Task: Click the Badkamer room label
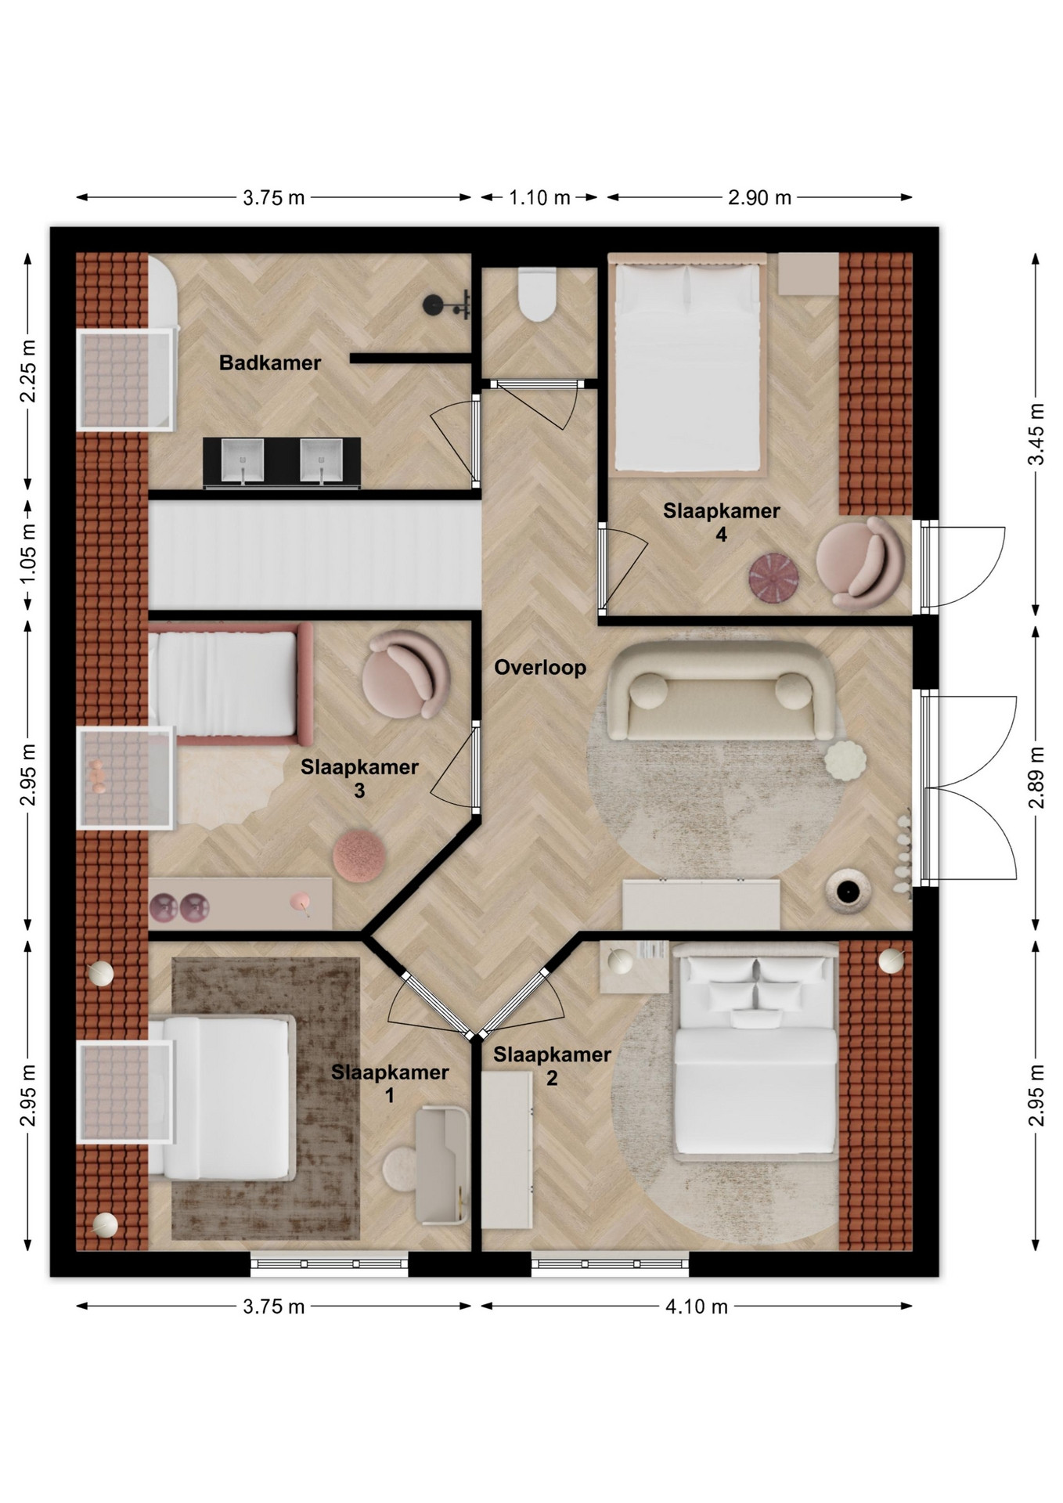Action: [269, 362]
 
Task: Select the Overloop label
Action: [540, 668]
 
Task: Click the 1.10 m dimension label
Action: [539, 197]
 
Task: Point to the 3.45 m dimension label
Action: [1036, 434]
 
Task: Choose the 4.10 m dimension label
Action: [697, 1307]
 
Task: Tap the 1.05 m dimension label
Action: [27, 553]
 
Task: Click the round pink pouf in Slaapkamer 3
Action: [359, 856]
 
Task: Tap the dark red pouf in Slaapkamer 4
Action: [773, 579]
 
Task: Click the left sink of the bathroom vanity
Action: [242, 460]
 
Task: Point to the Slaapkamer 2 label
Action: [552, 1066]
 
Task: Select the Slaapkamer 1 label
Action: [390, 1083]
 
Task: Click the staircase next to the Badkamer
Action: [315, 555]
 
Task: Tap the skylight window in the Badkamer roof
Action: [124, 380]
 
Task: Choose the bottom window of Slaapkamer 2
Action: [610, 1264]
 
